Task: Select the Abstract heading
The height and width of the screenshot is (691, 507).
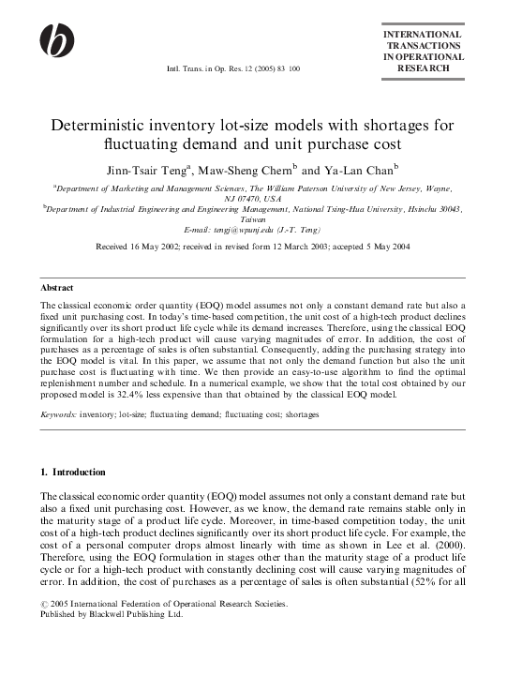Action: pos(57,287)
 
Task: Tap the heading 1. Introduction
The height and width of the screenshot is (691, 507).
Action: pos(73,472)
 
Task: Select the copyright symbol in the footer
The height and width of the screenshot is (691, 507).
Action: pos(44,578)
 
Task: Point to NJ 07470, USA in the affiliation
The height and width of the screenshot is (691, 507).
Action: pos(253,199)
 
